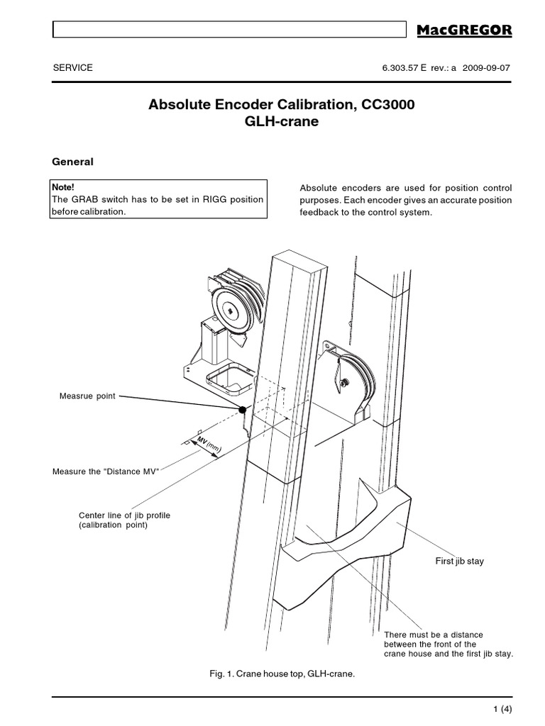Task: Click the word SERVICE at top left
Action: click(x=73, y=68)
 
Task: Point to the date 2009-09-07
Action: click(x=486, y=68)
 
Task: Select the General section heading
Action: click(x=73, y=162)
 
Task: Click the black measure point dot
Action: click(x=243, y=410)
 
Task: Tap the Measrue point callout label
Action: click(x=87, y=395)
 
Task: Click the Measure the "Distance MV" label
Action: click(x=106, y=471)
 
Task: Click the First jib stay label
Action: click(x=459, y=561)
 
